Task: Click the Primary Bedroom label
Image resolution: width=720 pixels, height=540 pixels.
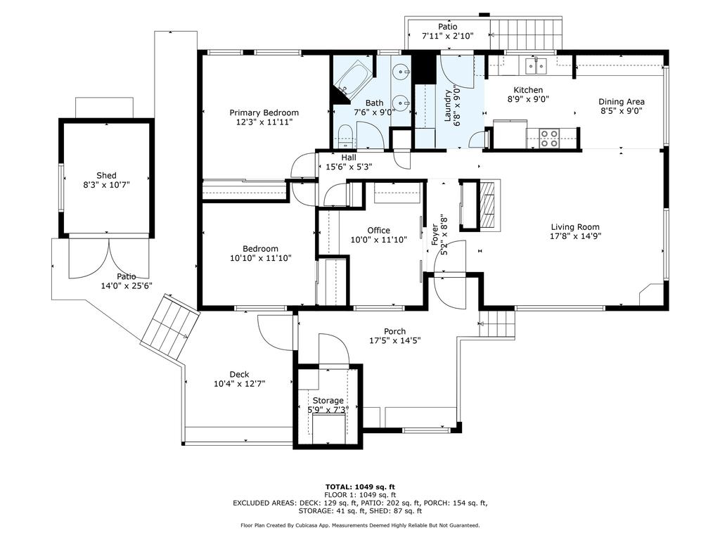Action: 264,112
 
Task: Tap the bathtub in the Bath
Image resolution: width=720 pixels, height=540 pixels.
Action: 352,79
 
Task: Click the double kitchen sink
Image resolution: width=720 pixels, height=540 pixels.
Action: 537,66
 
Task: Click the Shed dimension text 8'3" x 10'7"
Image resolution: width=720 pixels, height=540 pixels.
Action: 106,186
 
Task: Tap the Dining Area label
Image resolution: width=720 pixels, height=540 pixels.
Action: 622,101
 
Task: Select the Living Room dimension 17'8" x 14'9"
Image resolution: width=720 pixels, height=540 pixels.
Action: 575,237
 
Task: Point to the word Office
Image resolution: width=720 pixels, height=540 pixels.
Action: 378,231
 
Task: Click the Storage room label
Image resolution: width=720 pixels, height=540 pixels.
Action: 328,401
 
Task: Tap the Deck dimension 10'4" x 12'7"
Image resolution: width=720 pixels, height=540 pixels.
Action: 239,384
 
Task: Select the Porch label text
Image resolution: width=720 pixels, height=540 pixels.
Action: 394,332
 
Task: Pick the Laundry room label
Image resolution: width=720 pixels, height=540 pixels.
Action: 447,106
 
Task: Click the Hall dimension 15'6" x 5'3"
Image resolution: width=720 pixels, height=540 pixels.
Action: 348,167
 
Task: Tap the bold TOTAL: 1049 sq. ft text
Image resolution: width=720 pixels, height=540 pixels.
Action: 360,487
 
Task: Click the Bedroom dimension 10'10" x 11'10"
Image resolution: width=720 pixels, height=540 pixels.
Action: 260,258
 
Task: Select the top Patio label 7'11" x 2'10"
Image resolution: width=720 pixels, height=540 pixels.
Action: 447,36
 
